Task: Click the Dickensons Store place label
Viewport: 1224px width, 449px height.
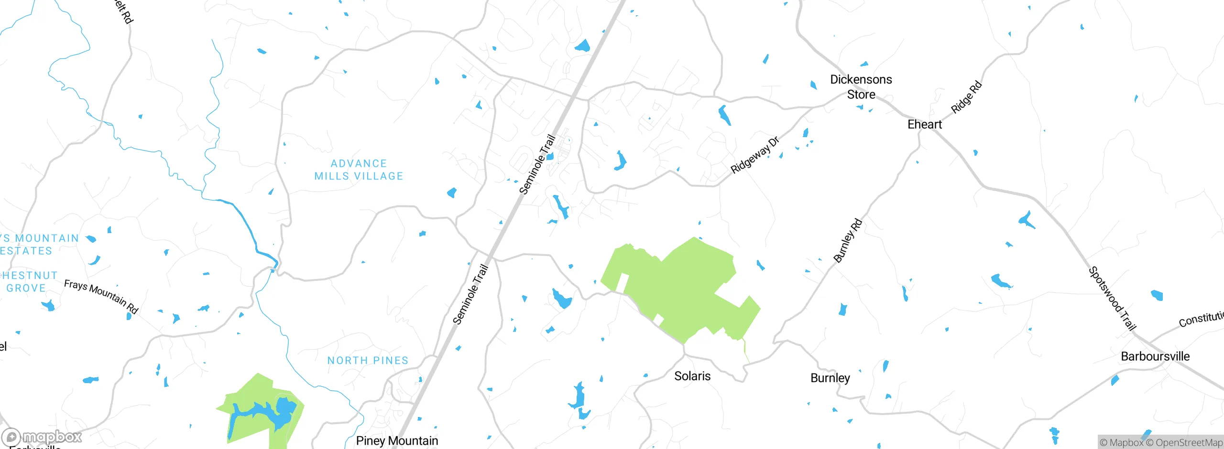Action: (861, 86)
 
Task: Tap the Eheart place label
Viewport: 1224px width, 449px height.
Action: (924, 124)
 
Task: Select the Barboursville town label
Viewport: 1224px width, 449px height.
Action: (1155, 356)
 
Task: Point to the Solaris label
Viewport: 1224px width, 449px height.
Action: (692, 376)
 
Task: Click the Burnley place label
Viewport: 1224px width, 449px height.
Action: (830, 378)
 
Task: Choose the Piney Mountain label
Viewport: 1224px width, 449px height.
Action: (397, 440)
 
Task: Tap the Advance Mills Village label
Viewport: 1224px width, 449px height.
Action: (359, 170)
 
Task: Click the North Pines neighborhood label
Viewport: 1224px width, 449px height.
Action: (368, 360)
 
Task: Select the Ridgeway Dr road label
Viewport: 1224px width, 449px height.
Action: (755, 155)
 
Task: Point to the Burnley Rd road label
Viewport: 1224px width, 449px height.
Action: (848, 241)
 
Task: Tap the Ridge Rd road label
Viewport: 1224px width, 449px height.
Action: (966, 97)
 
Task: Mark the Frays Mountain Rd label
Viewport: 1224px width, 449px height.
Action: (101, 297)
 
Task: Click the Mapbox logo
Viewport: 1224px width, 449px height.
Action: (42, 437)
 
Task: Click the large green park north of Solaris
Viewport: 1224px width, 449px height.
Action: (684, 287)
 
